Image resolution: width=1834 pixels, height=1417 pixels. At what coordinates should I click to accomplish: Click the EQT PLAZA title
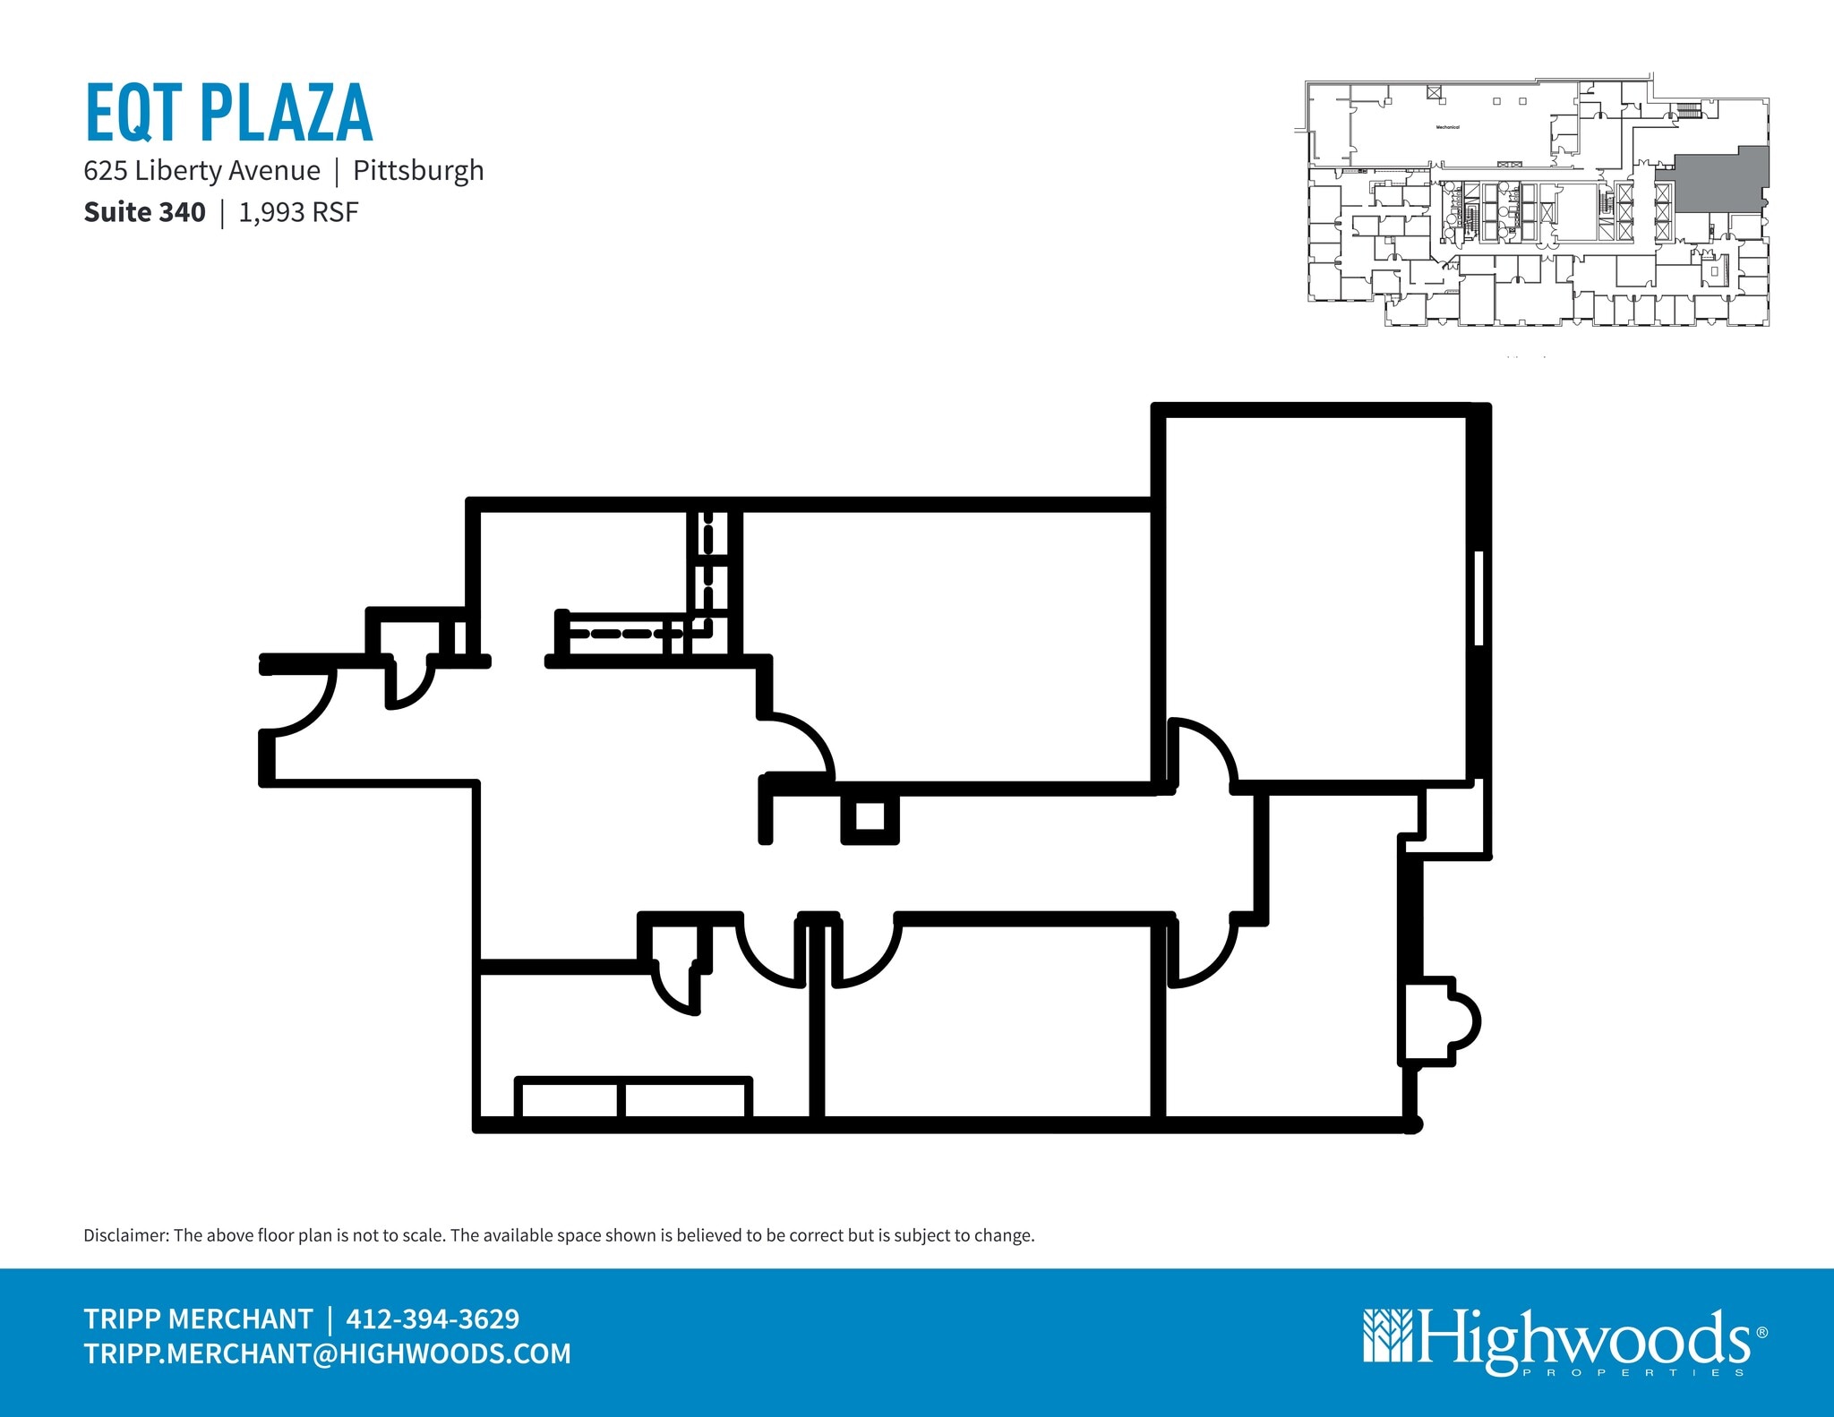click(x=228, y=113)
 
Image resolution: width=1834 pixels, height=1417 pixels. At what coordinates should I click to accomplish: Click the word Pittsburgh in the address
click(x=418, y=170)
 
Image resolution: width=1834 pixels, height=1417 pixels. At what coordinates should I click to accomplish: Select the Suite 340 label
click(x=144, y=212)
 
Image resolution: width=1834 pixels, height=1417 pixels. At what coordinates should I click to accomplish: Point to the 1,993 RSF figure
click(x=298, y=212)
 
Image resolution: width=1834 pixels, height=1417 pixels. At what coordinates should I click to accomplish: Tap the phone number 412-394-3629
click(x=433, y=1319)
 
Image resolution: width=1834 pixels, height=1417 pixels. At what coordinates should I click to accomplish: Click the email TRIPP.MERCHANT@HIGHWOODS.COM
click(x=327, y=1353)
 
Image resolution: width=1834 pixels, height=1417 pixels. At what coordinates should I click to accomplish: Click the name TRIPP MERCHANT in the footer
click(x=198, y=1319)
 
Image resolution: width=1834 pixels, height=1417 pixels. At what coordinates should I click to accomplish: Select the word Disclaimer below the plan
click(x=125, y=1235)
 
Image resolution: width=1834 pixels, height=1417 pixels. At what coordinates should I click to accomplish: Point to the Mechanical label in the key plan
click(x=1447, y=127)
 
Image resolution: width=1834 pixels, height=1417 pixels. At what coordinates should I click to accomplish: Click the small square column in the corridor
click(x=870, y=817)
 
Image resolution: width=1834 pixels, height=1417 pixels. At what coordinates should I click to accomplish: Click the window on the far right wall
click(x=1478, y=597)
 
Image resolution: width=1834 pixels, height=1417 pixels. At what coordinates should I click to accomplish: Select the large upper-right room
click(x=1315, y=595)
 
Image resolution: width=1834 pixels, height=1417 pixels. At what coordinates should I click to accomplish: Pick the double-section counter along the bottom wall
click(x=633, y=1097)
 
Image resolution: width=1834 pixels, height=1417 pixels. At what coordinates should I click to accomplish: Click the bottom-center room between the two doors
click(x=985, y=1020)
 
